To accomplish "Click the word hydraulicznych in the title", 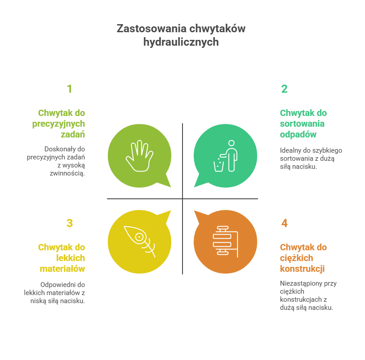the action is pos(181,42).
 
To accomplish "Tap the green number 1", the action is pos(70,89).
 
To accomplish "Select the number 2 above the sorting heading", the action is pos(284,89).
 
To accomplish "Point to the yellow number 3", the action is pos(70,223).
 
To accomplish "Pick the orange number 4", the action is pos(284,223).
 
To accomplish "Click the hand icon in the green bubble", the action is pos(140,156).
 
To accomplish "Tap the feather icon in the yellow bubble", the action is pos(140,241).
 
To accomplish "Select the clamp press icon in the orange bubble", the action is pos(225,241).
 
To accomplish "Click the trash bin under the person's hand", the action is pos(219,166).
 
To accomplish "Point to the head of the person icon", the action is pos(231,143).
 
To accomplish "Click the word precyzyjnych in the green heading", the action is pos(59,124).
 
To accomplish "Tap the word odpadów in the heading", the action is pos(298,134).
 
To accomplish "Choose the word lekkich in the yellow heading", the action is pos(71,258).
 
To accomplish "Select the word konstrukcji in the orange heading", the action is pos(302,269).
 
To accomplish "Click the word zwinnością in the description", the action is pos(67,173).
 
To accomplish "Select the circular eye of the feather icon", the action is pos(139,237).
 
